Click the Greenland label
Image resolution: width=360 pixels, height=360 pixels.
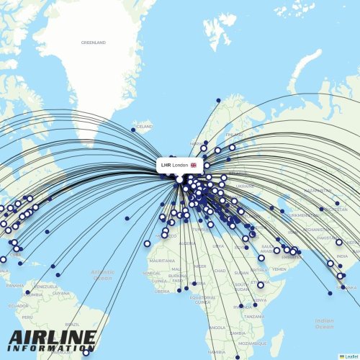pos(94,42)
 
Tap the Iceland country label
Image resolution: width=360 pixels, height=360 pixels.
pos(145,126)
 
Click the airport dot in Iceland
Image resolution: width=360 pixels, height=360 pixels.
pos(133,130)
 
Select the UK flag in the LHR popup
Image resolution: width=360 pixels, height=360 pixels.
pos(193,165)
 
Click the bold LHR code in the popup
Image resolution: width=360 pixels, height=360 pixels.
pos(166,165)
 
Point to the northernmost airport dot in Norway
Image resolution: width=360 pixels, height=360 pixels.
pos(218,100)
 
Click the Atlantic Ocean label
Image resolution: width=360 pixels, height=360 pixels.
pos(103,274)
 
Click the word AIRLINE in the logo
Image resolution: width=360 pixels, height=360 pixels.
pos(52,336)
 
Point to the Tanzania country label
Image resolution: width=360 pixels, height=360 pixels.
pos(253,316)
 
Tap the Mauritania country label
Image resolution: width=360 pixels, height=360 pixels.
pos(161,261)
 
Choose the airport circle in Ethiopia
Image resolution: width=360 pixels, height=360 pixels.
pos(260,284)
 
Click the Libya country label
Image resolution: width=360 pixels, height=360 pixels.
pos(218,246)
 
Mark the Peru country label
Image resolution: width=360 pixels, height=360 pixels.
pos(27,317)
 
